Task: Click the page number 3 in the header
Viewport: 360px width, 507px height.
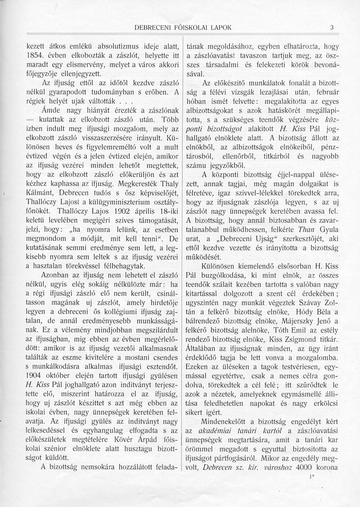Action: tap(331, 27)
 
